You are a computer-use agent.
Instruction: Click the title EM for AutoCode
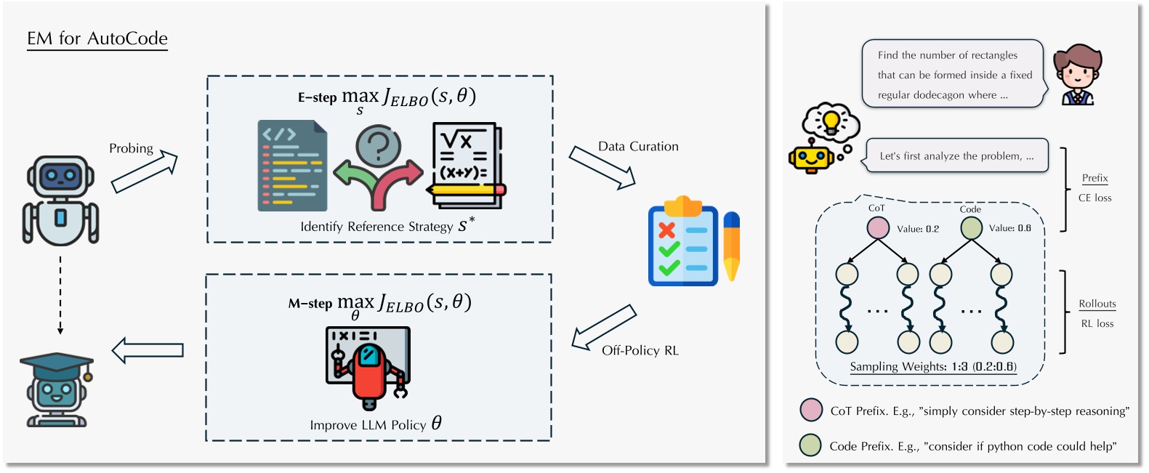(97, 39)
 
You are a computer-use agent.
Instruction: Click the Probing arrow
(145, 172)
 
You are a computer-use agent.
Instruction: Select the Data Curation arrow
(602, 167)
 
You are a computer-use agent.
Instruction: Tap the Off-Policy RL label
(640, 350)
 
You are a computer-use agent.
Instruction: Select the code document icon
(292, 166)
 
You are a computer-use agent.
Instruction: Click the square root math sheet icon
(465, 164)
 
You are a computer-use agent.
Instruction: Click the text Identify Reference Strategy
(376, 227)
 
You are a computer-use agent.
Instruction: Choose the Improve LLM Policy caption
(368, 425)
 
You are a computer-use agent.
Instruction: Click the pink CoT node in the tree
(878, 228)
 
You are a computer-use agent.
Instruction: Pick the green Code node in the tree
(972, 228)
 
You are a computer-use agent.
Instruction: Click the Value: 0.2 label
(918, 229)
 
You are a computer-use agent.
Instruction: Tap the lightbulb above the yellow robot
(831, 120)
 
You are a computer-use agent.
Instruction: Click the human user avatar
(1077, 75)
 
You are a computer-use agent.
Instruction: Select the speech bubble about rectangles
(952, 75)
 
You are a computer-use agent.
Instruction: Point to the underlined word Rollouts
(1097, 304)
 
